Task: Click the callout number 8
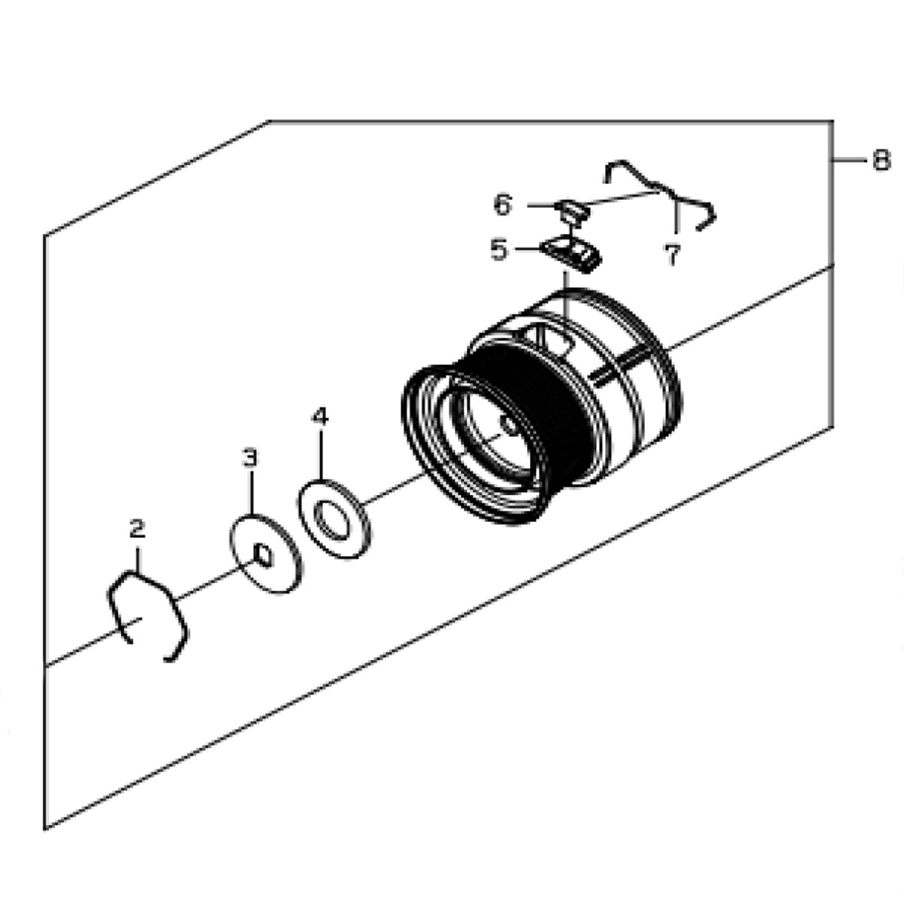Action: pos(881,160)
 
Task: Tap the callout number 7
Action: pos(673,255)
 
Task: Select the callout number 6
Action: pos(503,204)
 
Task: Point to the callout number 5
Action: pos(499,249)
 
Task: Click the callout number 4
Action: pos(321,417)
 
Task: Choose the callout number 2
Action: pos(136,529)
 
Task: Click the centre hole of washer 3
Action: pos(262,554)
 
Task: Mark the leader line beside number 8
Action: pos(850,160)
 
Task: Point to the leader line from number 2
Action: pos(137,557)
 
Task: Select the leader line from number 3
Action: pos(251,493)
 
